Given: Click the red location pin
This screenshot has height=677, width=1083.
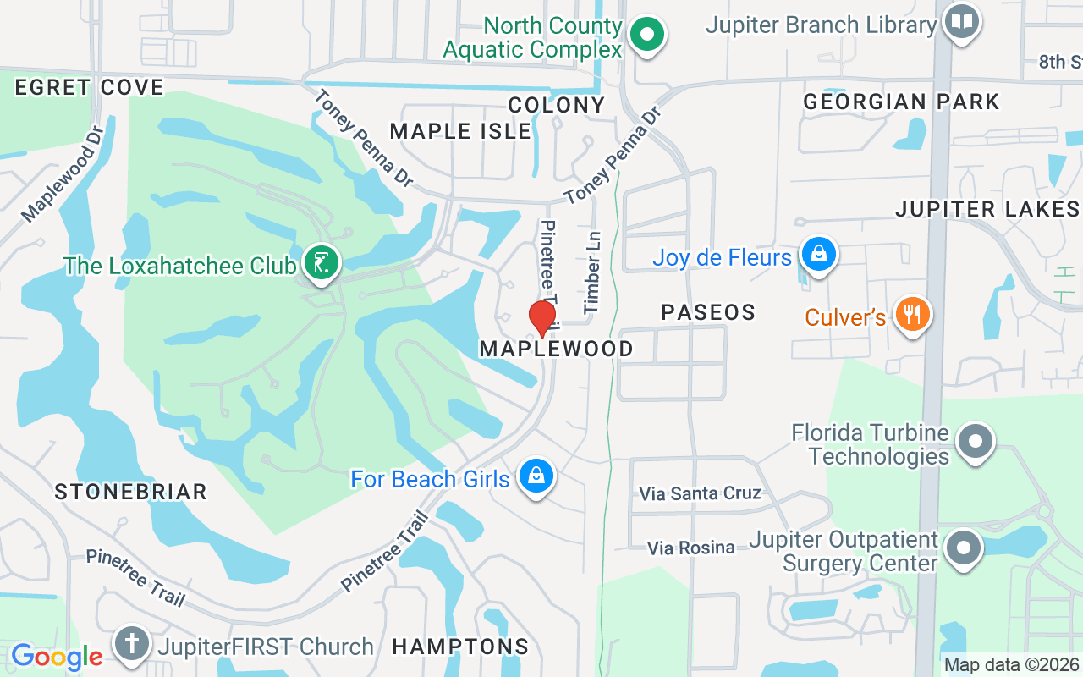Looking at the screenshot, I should click(x=542, y=318).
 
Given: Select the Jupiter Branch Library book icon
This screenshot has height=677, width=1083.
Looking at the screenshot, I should click(x=961, y=22).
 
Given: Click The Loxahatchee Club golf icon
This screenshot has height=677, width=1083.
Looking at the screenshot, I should click(x=321, y=263).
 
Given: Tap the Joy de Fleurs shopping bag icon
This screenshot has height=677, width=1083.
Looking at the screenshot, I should click(x=819, y=254).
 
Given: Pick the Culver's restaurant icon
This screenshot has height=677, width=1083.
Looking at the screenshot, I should click(x=912, y=315).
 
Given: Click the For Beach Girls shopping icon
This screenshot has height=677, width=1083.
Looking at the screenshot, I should click(x=536, y=476).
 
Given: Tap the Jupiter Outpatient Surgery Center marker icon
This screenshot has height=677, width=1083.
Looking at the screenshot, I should click(x=963, y=548).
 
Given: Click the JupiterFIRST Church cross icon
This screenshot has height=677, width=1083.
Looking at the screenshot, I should click(x=132, y=644).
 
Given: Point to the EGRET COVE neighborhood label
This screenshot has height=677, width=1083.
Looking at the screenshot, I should click(x=89, y=87).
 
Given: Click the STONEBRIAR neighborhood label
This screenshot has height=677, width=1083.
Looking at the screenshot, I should click(x=130, y=492).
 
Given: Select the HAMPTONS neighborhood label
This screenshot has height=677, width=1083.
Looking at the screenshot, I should click(x=460, y=647).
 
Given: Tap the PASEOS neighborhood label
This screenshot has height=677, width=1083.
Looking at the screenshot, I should click(x=708, y=312).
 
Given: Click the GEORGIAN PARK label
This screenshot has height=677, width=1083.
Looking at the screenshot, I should click(x=901, y=102).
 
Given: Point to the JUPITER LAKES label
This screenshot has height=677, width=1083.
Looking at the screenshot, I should click(x=987, y=209).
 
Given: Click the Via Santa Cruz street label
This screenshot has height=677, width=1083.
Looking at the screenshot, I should click(x=700, y=493).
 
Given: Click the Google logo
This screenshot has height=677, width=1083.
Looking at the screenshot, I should click(x=57, y=656).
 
